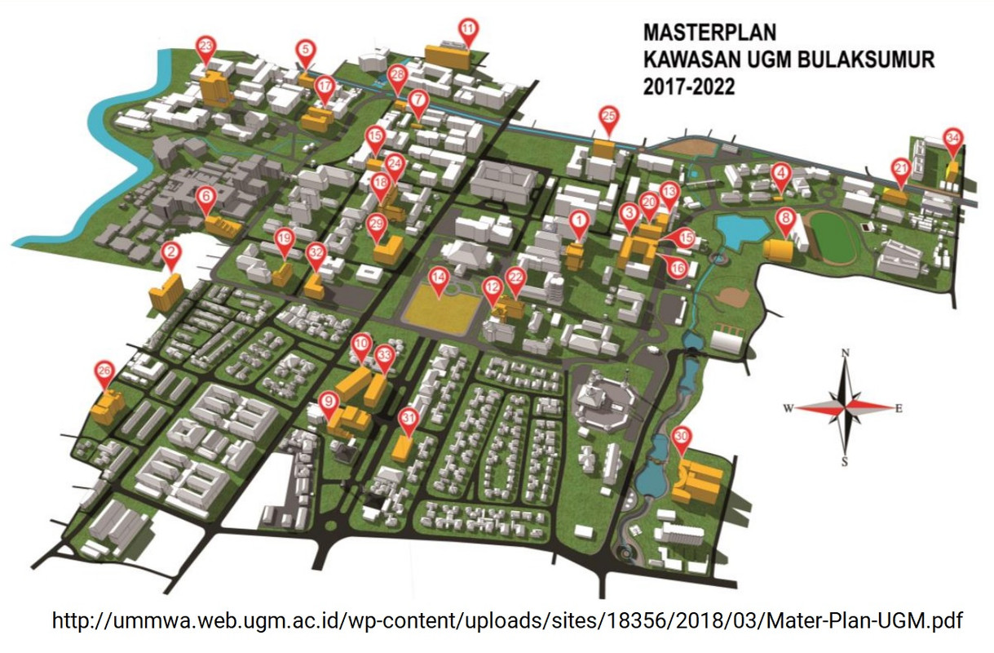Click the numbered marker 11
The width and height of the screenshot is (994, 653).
coord(467,29)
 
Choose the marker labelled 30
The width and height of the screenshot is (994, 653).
coord(683,437)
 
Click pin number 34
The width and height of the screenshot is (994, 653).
coord(952,139)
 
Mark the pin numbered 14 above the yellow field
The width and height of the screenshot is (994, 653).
coord(440,278)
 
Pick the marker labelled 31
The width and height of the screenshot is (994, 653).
coord(408,418)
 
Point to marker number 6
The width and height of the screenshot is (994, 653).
coord(205,197)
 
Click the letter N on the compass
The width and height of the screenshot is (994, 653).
coord(846,353)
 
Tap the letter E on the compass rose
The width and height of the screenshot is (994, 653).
coord(899,409)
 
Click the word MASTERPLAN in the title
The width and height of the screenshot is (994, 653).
coord(709,33)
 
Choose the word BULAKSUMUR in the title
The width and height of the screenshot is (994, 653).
coord(862,60)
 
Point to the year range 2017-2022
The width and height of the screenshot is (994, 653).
coord(688,87)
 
